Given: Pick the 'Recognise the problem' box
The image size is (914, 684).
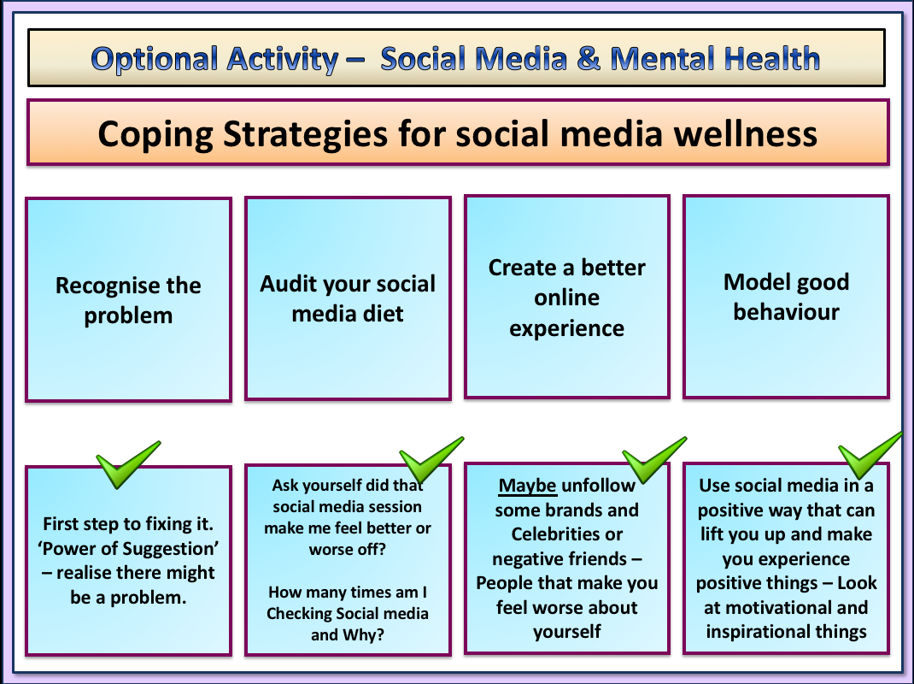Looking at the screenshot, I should (128, 299).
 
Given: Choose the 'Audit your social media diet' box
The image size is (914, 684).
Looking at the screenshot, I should (348, 298).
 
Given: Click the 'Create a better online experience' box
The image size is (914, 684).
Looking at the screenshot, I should (567, 297).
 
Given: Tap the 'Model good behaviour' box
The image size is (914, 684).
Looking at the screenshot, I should (786, 296).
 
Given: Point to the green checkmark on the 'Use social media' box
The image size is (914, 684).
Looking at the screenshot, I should (870, 453).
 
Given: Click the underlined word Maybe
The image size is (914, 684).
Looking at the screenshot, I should (528, 486).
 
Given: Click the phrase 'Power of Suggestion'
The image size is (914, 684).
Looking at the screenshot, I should (128, 548).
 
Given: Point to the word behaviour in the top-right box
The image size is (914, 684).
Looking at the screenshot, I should (786, 311).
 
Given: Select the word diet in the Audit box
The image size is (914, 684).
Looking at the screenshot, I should (382, 313).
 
